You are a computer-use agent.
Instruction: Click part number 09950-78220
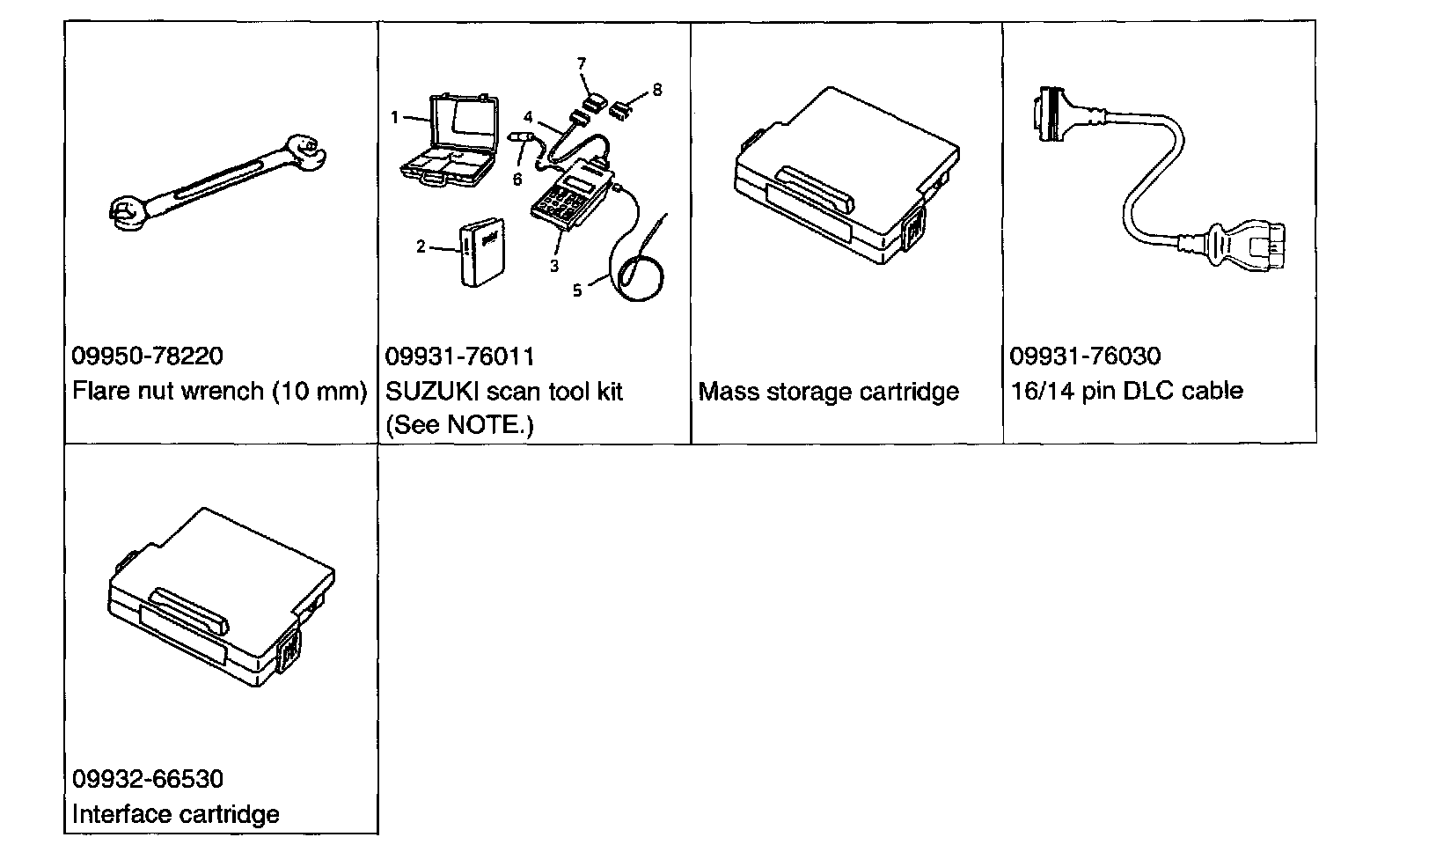(147, 356)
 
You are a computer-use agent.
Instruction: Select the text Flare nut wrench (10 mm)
(219, 391)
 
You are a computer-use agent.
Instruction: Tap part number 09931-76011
(459, 356)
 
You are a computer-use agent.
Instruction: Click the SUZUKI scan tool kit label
(504, 391)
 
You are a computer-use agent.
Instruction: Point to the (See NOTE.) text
(459, 425)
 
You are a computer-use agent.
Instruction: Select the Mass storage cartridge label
(828, 392)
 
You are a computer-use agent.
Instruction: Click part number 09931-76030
(1085, 356)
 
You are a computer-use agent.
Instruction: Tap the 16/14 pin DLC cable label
(1127, 391)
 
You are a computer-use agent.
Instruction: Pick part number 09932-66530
(148, 779)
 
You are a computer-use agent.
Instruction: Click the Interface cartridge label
(176, 814)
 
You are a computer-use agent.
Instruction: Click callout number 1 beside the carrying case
(395, 117)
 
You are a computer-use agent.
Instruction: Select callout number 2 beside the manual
(421, 246)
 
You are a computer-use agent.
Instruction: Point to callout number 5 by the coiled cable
(577, 290)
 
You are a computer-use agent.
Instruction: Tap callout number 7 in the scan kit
(582, 63)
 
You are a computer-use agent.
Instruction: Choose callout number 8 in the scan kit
(657, 90)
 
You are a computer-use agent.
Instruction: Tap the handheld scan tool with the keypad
(572, 195)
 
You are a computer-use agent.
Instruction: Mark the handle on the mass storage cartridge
(814, 190)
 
